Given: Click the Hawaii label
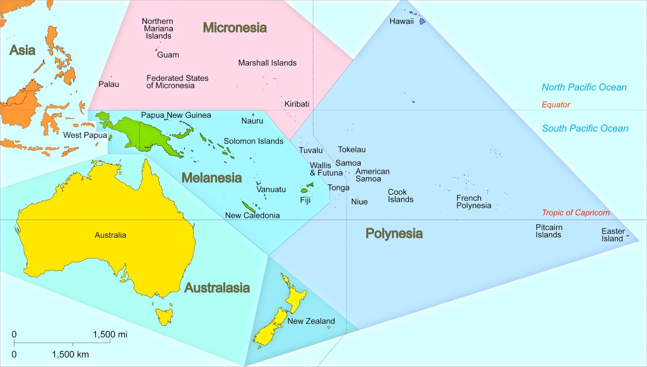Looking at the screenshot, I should [x=401, y=21].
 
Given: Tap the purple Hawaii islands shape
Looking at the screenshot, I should [x=422, y=21].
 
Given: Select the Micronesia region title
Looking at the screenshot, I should [x=235, y=28].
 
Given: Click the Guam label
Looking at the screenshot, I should [x=168, y=55].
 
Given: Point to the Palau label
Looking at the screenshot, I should [x=109, y=84].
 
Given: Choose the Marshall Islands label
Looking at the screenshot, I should [x=267, y=63].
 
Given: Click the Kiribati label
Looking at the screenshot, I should [x=297, y=104].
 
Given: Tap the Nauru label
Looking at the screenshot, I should [x=252, y=121].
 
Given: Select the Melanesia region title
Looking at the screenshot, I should [x=211, y=178].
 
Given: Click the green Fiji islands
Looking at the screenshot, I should [x=305, y=190].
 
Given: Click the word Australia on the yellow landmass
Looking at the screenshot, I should [x=110, y=235].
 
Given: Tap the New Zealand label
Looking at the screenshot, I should [x=311, y=321].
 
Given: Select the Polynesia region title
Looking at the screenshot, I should [x=394, y=233].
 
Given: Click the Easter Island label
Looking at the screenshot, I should [x=612, y=235].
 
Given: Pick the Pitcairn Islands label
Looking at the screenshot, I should [x=548, y=231].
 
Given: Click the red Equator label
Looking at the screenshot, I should [x=556, y=104].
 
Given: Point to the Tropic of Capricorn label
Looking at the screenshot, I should [x=575, y=213].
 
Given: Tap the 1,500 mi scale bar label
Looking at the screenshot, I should [x=110, y=335].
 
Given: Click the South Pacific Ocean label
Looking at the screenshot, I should [x=585, y=128].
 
